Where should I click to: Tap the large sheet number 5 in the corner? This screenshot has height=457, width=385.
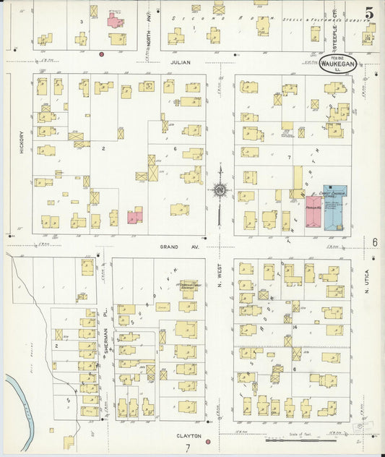tap(369, 13)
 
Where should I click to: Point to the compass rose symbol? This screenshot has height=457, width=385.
tap(217, 190)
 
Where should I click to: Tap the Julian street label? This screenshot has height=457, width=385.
tap(180, 63)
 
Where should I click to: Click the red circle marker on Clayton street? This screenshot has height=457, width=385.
tap(207, 440)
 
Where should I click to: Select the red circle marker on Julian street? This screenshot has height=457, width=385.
tap(102, 54)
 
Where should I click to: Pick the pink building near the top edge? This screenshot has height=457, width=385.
tap(116, 20)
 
